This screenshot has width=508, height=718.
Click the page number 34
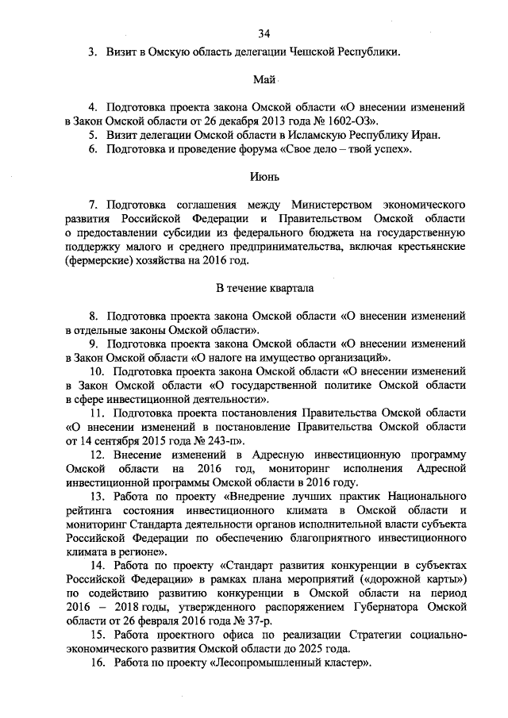point(264,33)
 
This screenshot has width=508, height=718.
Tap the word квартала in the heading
point(289,287)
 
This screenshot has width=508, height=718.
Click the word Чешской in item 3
point(306,52)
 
